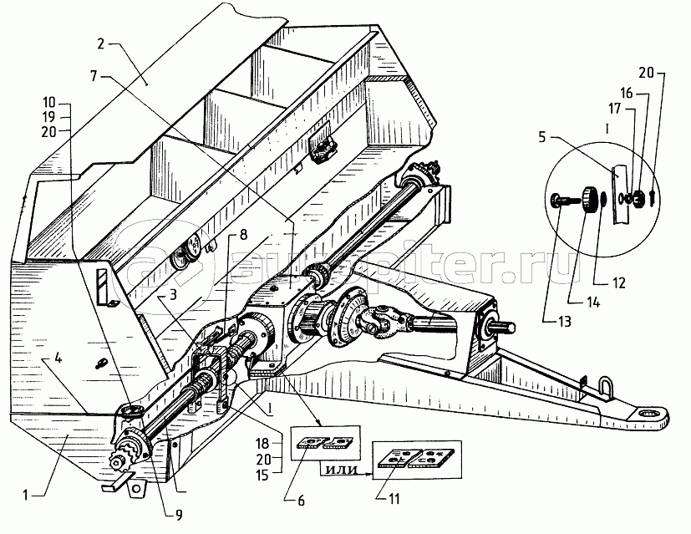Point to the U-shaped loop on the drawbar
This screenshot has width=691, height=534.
[x=605, y=387]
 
